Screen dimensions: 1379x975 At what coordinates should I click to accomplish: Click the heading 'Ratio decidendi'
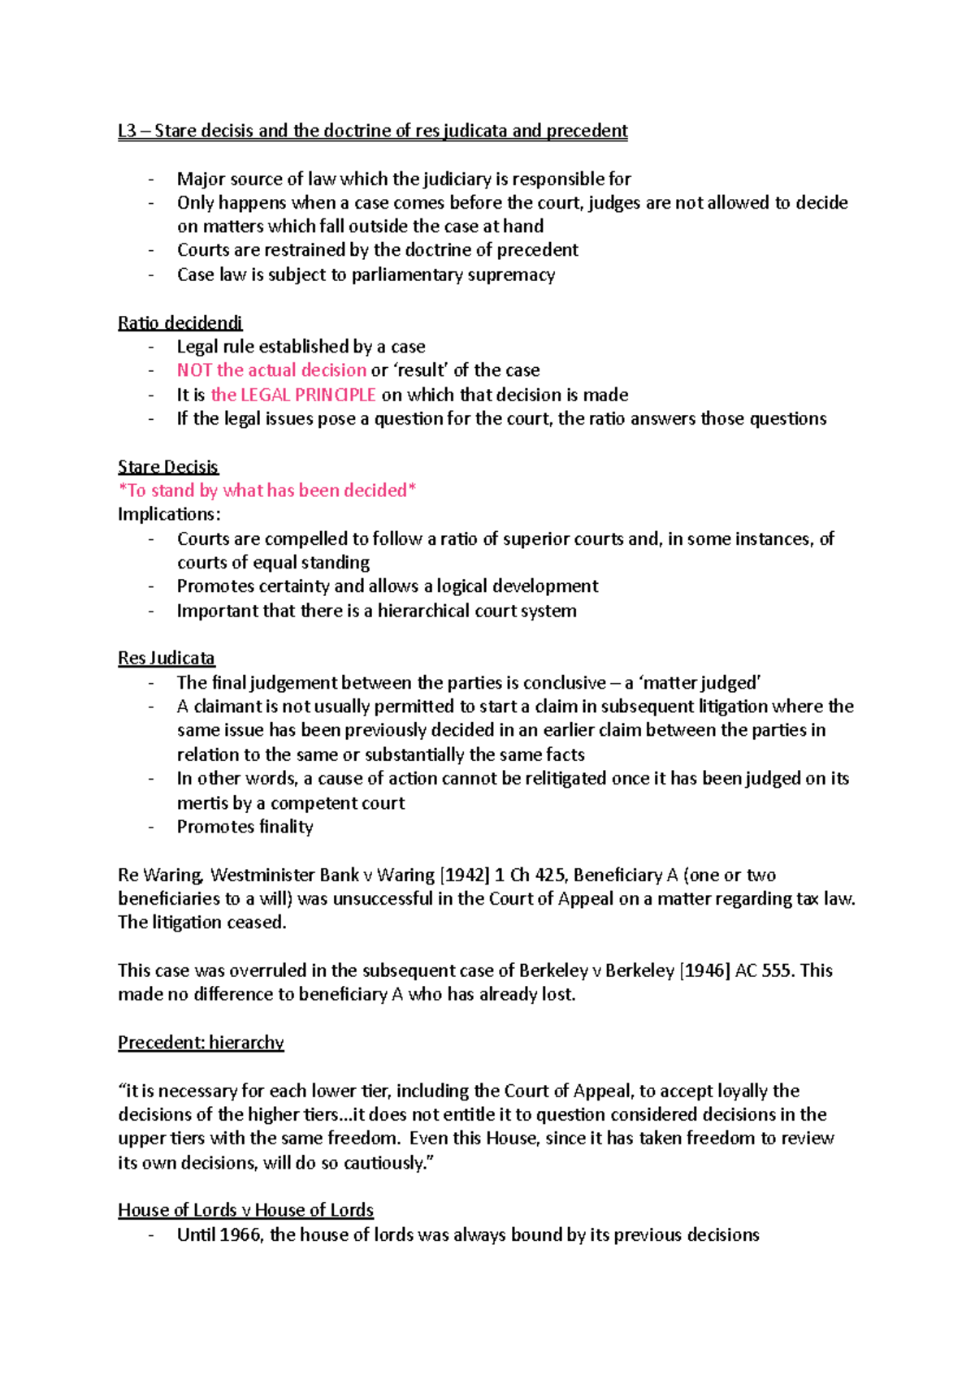pos(180,323)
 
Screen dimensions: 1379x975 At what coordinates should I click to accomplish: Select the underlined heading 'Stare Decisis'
pos(167,467)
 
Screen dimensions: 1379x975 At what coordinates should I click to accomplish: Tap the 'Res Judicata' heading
pos(166,658)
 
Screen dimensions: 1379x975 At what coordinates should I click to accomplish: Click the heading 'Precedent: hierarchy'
pos(201,1043)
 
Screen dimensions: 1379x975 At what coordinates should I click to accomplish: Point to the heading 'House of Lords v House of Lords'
pos(245,1211)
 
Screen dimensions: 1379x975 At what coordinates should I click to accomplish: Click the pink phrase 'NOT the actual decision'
pos(271,370)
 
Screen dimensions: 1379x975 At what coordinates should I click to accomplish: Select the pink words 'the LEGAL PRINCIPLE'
pos(292,396)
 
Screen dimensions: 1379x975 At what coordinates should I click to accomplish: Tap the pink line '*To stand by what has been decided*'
pos(266,491)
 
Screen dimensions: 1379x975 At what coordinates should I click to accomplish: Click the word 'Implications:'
pos(169,515)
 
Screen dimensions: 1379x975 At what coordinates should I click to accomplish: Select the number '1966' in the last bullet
pos(240,1235)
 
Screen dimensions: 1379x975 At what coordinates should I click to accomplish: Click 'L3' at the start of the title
pos(127,132)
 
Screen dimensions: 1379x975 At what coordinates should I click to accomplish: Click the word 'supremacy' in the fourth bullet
pos(516,275)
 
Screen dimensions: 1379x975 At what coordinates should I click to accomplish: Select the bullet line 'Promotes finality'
pos(245,827)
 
